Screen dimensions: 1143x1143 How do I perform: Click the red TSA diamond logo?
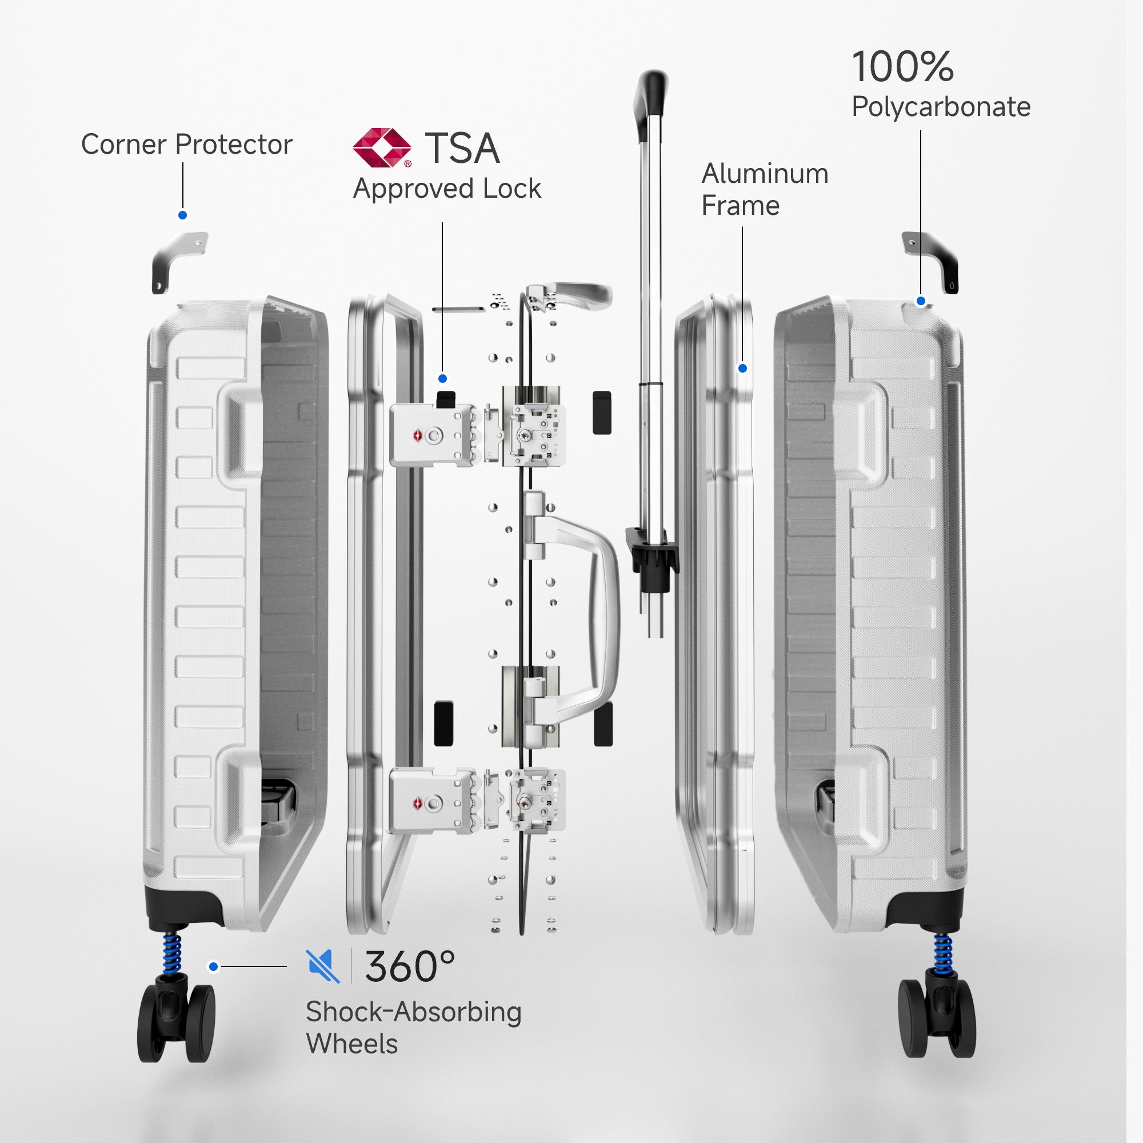click(382, 148)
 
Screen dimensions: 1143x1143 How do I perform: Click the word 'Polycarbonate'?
click(941, 107)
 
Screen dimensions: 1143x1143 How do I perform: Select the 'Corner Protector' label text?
click(186, 145)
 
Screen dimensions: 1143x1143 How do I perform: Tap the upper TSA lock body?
click(432, 437)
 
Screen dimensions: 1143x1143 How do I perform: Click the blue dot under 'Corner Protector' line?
click(183, 215)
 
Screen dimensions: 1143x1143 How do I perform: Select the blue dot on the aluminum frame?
click(743, 369)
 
